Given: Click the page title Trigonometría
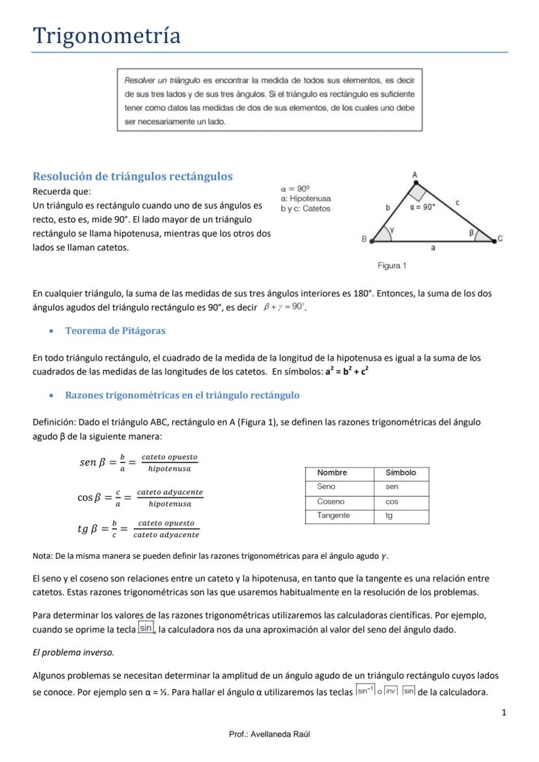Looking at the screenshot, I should (107, 35).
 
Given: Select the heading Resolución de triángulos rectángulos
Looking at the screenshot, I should (132, 176).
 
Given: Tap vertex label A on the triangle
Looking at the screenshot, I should (415, 175).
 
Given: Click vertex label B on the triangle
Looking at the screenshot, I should (364, 239).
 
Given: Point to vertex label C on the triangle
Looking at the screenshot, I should (500, 238).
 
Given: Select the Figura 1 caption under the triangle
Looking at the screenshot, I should (392, 266).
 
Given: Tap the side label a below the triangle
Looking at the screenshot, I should (434, 248).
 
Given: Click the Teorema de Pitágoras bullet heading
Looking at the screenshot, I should (115, 331).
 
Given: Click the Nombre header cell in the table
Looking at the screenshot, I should (332, 473).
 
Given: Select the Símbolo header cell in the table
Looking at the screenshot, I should (400, 473).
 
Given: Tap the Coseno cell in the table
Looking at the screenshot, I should (331, 501).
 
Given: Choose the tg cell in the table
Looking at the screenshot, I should (389, 516).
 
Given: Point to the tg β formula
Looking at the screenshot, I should (138, 528).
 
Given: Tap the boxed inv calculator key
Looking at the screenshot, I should (391, 692).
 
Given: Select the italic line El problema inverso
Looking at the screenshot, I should (73, 652).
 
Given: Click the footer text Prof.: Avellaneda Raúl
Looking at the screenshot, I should (269, 734).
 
